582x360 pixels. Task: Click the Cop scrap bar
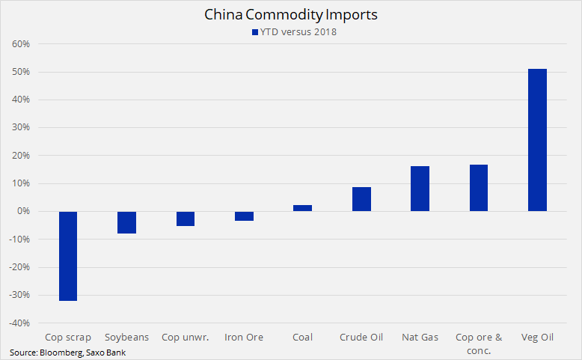click(68, 256)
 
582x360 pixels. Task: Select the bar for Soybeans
click(127, 222)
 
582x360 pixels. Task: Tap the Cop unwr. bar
click(186, 219)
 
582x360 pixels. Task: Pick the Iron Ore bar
click(244, 216)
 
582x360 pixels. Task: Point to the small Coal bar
click(303, 208)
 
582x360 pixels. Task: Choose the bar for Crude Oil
click(361, 199)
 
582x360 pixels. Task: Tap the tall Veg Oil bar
click(537, 140)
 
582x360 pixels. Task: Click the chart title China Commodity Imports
click(290, 14)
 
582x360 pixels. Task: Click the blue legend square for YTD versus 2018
click(254, 31)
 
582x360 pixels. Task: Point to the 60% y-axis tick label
click(19, 44)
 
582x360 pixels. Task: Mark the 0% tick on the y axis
click(22, 212)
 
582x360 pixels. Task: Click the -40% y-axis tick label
click(18, 323)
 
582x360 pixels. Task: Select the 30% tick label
click(19, 128)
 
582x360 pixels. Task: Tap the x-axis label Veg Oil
click(537, 338)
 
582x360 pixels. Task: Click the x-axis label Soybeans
click(127, 338)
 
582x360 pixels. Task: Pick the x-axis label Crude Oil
click(361, 338)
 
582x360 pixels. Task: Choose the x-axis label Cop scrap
click(68, 338)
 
